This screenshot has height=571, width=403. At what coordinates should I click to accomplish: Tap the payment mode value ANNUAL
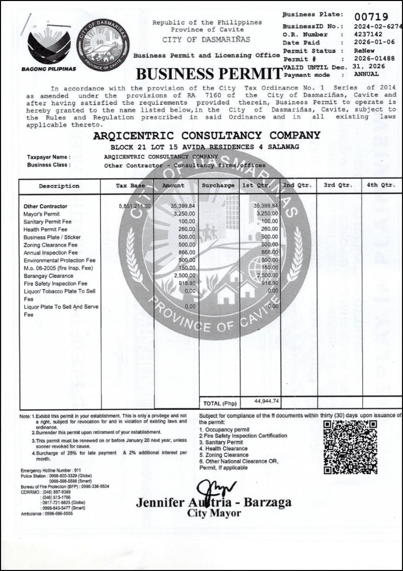(x=366, y=75)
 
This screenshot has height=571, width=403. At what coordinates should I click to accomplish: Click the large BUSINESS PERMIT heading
(x=209, y=74)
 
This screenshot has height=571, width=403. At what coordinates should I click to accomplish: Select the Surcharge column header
(x=218, y=186)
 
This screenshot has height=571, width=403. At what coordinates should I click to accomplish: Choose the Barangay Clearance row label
(x=49, y=276)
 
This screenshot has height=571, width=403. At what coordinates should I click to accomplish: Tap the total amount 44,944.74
(x=268, y=401)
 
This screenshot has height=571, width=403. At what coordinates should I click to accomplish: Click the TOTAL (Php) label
(x=220, y=403)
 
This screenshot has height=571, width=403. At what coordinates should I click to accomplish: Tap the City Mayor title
(x=214, y=513)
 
